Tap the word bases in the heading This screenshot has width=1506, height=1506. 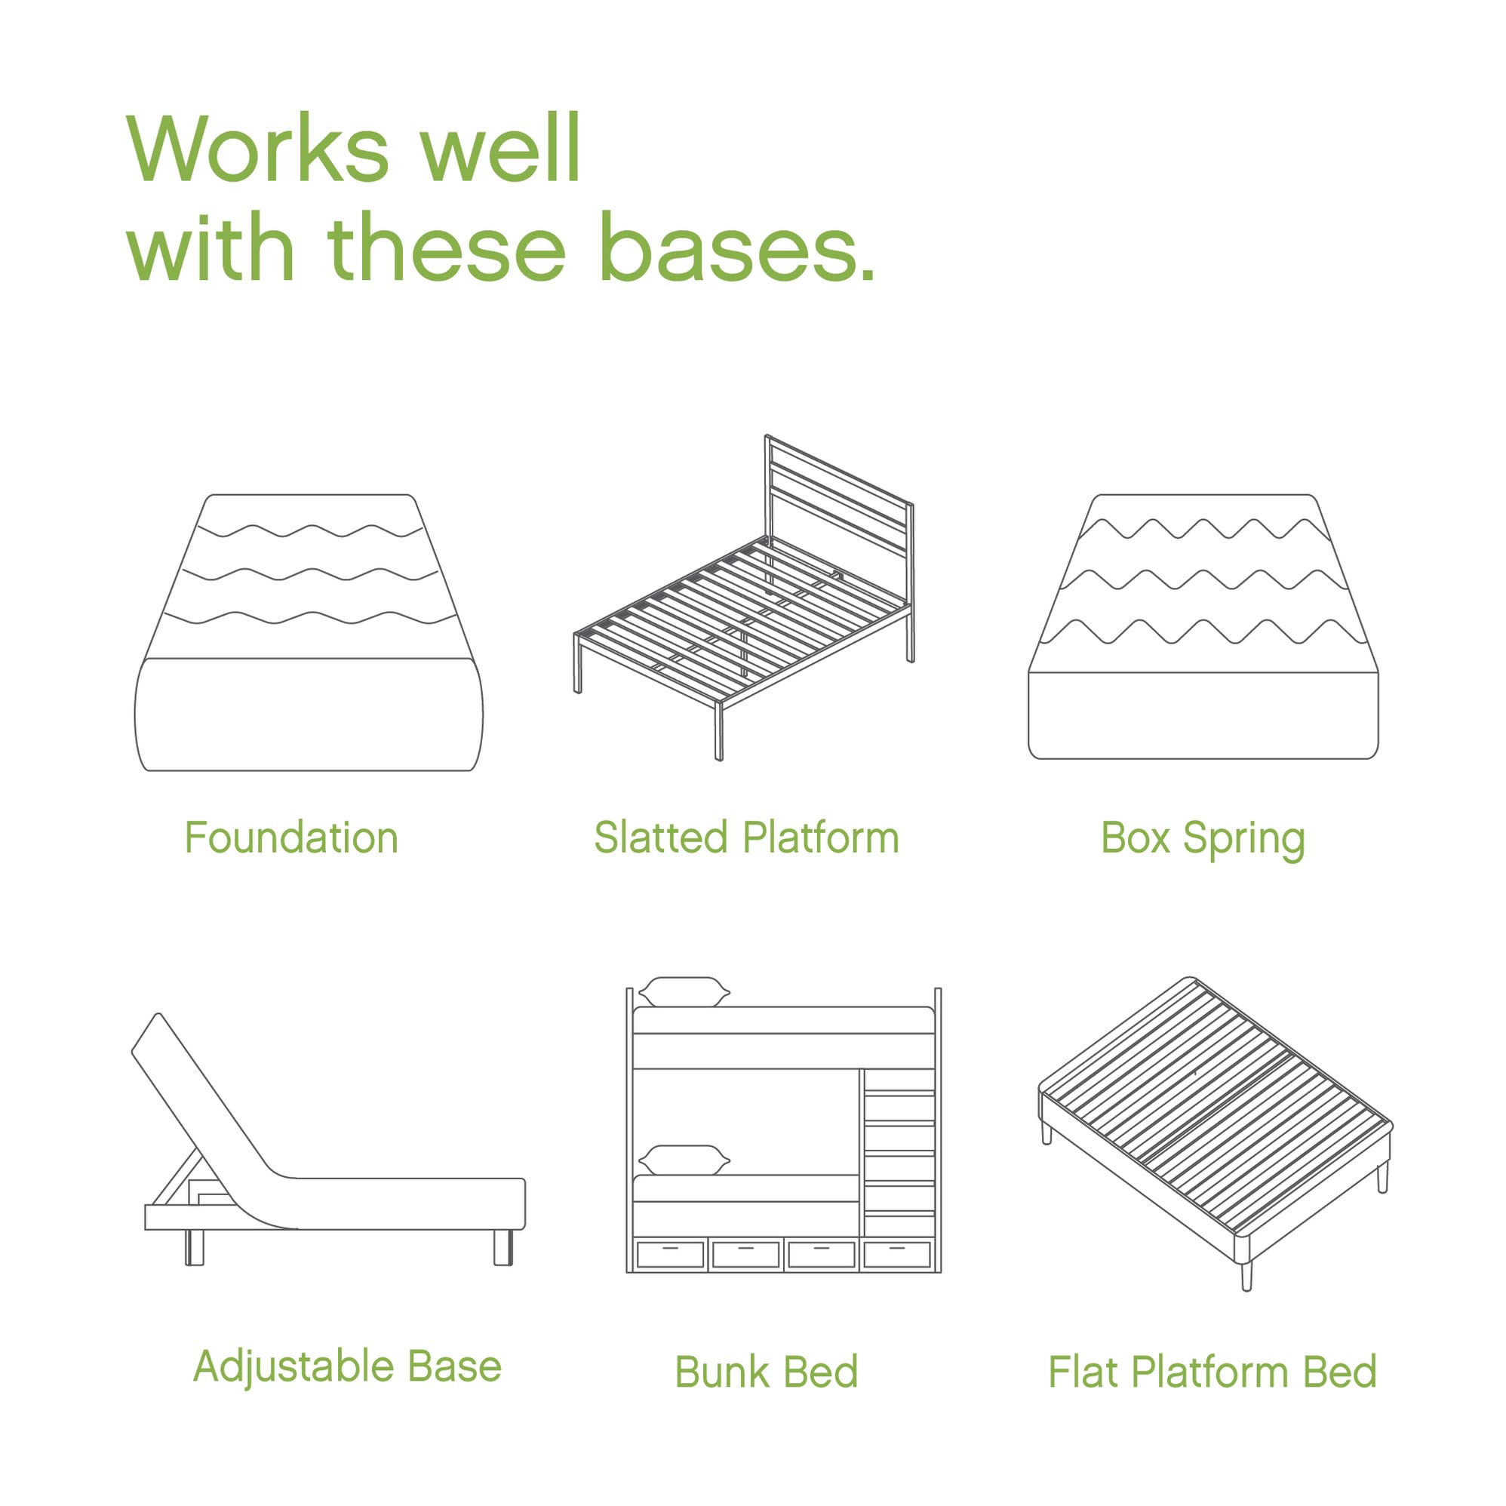tap(736, 248)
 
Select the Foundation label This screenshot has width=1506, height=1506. tap(291, 838)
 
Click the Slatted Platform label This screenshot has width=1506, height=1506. tap(746, 838)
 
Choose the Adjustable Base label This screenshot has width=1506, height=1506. tap(347, 1366)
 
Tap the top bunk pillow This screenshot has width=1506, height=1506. tap(684, 992)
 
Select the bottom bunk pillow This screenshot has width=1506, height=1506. tap(684, 1160)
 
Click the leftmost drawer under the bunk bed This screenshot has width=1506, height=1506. tap(669, 1254)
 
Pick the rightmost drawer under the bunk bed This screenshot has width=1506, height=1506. tap(897, 1254)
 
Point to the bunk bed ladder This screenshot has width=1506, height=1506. tap(899, 1154)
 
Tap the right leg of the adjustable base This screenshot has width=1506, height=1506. tap(503, 1247)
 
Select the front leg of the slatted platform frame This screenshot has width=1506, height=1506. tap(719, 730)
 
